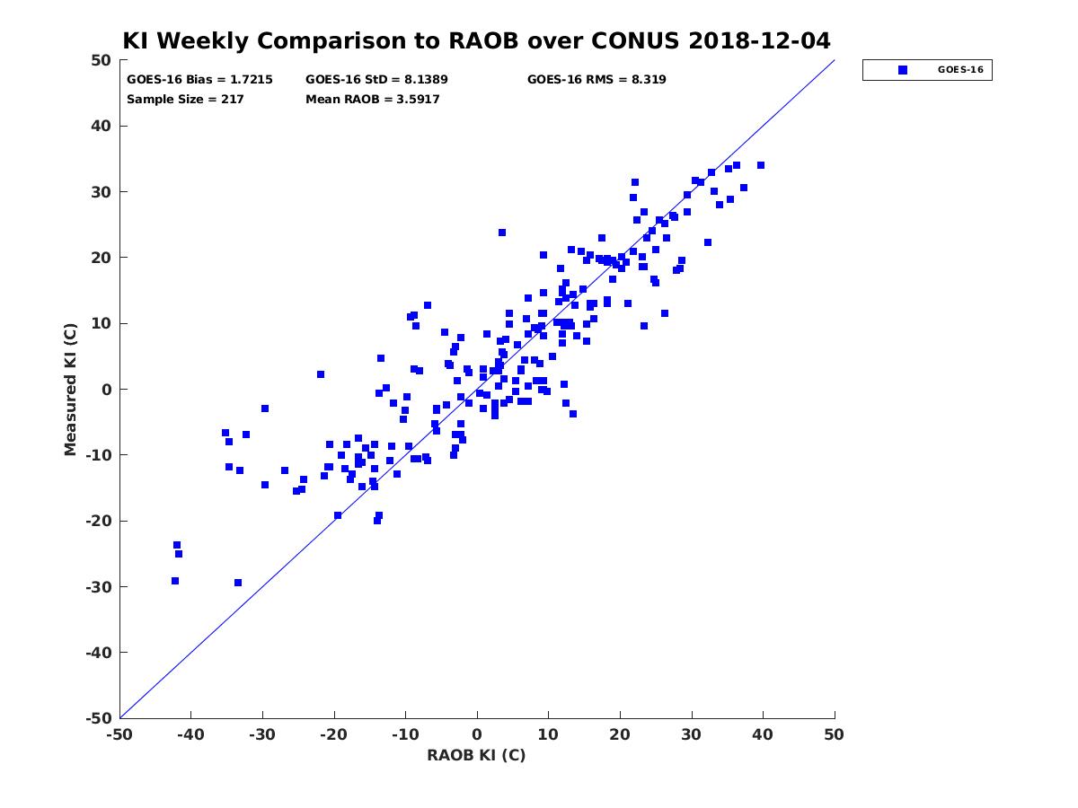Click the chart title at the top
[476, 40]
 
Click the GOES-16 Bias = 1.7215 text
[199, 80]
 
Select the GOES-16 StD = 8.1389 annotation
[376, 80]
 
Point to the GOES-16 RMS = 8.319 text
[596, 80]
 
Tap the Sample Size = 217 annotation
[185, 100]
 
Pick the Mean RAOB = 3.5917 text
[372, 100]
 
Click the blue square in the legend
[903, 70]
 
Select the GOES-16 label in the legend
[960, 70]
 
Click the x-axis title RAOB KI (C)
[476, 755]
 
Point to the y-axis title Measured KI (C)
[70, 390]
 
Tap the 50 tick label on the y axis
[102, 60]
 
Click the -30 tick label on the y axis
[98, 587]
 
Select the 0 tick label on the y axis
[107, 390]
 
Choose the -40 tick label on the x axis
[190, 734]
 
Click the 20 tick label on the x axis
[620, 734]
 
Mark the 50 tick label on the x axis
[834, 734]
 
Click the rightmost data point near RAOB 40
[761, 165]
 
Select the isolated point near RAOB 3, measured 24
[502, 233]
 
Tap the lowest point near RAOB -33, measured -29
[238, 583]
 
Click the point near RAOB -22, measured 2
[321, 374]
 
